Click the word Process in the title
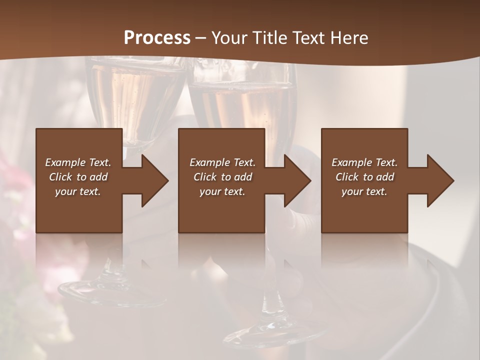(157, 38)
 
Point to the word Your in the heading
(229, 38)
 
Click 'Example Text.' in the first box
(78, 162)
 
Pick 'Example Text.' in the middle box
(222, 162)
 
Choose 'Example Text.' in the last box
(364, 162)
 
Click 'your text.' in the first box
(78, 191)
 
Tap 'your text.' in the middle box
(222, 191)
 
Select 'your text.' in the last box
(364, 191)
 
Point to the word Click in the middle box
(204, 177)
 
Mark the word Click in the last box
(346, 177)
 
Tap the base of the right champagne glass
(272, 332)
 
